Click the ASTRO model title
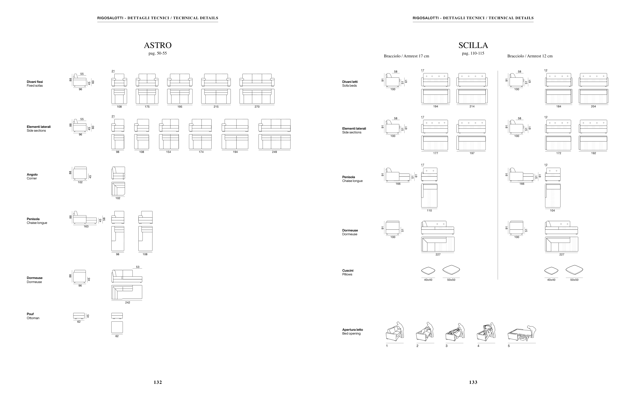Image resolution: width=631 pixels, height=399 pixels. (158, 45)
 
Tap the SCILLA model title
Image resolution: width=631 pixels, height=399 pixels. (473, 45)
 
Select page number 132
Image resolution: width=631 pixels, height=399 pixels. (158, 382)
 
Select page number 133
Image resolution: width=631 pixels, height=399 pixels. (473, 382)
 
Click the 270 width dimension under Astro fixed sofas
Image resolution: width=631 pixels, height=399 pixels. (257, 107)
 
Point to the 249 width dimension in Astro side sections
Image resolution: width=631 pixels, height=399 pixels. (274, 152)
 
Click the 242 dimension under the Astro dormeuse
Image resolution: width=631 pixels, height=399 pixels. (127, 302)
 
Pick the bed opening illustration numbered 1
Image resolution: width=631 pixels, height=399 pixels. (395, 332)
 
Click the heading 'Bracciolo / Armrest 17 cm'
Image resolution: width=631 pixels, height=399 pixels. (406, 56)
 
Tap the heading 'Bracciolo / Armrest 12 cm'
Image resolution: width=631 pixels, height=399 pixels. (529, 56)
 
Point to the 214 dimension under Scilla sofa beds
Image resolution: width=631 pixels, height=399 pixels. (472, 106)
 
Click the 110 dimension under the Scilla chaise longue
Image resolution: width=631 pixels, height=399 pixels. (429, 210)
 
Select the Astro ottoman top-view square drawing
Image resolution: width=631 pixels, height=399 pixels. (117, 327)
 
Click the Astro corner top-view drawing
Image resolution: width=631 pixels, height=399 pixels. (118, 189)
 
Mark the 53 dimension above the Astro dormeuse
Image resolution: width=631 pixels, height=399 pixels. (138, 267)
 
